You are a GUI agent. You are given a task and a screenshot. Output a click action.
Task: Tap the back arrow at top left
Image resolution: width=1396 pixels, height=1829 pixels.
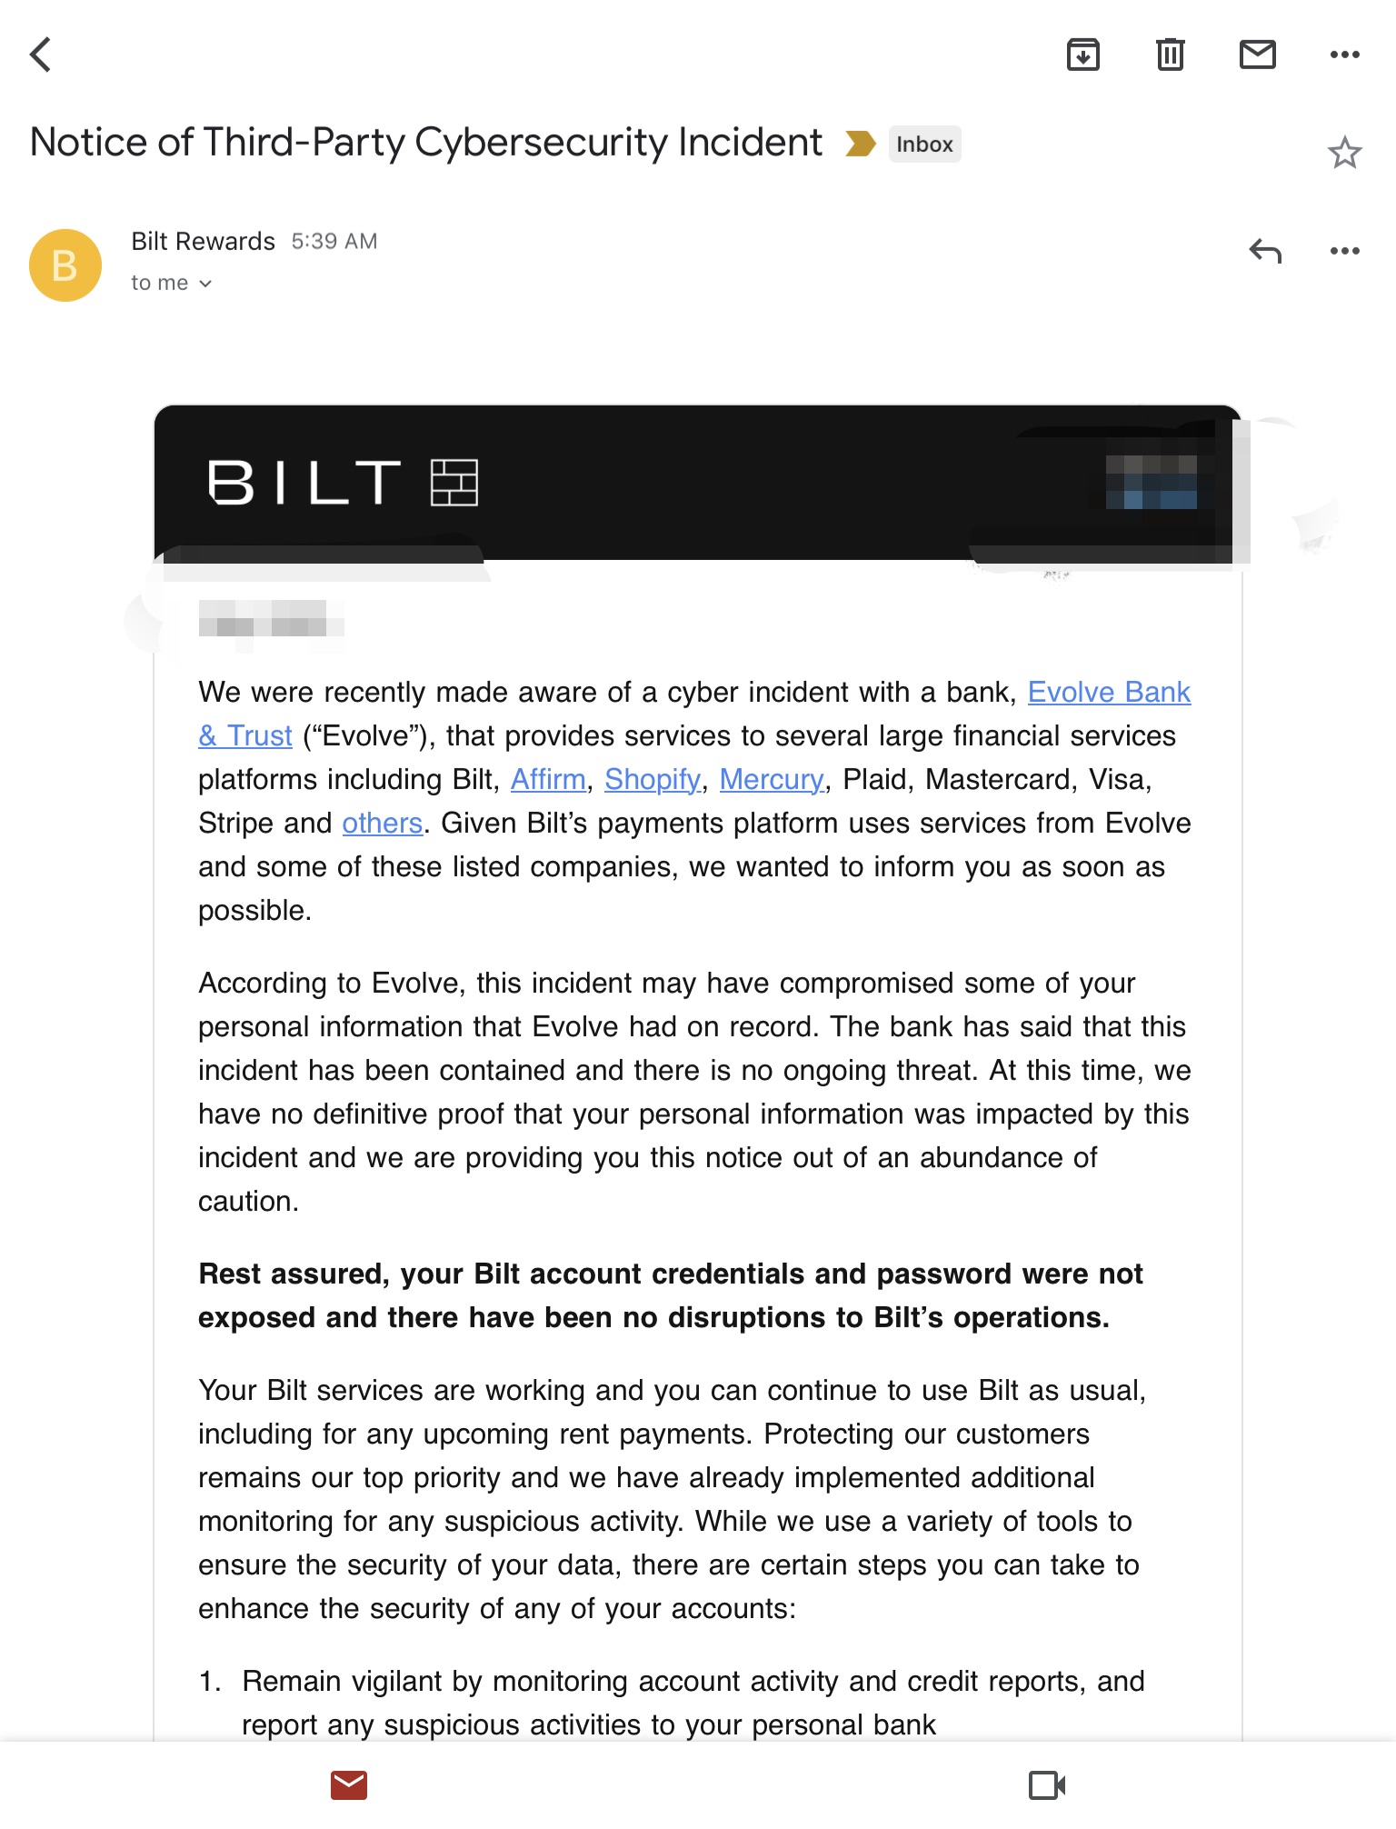(x=41, y=55)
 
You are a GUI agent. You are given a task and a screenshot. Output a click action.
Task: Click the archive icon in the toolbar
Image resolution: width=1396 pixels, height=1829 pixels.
(x=1082, y=55)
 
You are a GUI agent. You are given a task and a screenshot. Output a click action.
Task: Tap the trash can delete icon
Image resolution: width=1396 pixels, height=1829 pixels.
(x=1170, y=55)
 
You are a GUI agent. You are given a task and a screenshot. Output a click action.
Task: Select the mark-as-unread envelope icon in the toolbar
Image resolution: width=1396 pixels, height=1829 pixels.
(x=1257, y=55)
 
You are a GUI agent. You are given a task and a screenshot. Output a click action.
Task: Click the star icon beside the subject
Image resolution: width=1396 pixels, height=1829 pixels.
(x=1344, y=153)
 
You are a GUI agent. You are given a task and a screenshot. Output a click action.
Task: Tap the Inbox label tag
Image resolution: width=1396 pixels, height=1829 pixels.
(x=924, y=145)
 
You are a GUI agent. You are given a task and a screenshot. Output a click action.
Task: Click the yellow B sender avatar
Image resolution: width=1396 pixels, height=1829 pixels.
(x=65, y=265)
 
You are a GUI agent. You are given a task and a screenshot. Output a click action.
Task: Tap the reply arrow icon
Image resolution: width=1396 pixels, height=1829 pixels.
(x=1265, y=251)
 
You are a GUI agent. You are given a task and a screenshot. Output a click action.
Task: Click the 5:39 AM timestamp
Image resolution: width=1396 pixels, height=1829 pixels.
(x=334, y=242)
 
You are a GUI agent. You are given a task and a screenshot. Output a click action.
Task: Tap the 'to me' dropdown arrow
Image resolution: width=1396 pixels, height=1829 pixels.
(x=205, y=285)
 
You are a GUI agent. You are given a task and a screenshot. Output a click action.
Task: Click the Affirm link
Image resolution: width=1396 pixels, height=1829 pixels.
(x=548, y=780)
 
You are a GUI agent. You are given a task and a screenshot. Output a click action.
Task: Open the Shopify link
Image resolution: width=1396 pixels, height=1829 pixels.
(x=653, y=780)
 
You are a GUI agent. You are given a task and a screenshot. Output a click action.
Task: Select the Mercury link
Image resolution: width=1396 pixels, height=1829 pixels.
(x=772, y=780)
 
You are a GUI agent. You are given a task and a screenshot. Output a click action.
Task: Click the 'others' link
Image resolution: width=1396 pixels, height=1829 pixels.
(x=382, y=824)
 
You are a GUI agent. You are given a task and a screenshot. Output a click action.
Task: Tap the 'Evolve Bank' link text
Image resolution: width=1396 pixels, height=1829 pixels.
(x=1109, y=693)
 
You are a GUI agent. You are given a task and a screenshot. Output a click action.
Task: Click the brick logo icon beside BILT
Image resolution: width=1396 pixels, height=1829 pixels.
(x=454, y=482)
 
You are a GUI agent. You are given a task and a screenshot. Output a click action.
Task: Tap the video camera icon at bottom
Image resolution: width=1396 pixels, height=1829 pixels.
(x=1046, y=1785)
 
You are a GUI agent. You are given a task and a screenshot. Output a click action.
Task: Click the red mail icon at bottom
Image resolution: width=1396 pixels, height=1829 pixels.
(x=349, y=1785)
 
